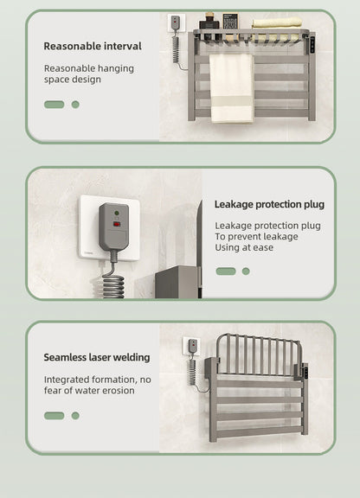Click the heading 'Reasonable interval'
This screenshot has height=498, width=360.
[x=93, y=46]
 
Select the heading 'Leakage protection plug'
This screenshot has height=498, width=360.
[x=269, y=205]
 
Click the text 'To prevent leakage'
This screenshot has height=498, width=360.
[x=256, y=237]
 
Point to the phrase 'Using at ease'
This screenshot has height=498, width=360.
[x=244, y=248]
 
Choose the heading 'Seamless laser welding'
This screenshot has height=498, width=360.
[x=97, y=357]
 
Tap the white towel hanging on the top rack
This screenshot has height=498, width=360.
[x=231, y=86]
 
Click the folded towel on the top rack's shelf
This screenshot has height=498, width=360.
[x=277, y=22]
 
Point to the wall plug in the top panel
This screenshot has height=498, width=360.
[x=175, y=23]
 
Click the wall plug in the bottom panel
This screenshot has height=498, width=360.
[x=193, y=347]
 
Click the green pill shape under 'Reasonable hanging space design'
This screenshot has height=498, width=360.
[x=55, y=105]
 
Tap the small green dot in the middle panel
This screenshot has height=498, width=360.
[x=246, y=271]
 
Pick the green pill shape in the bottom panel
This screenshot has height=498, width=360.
[x=55, y=416]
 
